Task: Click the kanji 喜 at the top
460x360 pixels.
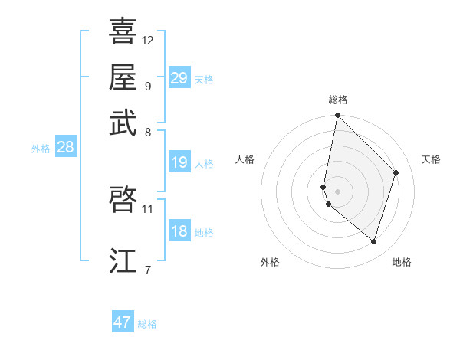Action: [123, 31]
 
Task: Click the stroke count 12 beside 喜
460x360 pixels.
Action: [148, 40]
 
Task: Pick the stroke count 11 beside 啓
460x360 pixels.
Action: [148, 208]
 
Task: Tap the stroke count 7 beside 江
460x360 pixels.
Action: [148, 269]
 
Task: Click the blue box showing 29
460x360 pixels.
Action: [179, 78]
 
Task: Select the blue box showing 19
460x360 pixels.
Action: [179, 162]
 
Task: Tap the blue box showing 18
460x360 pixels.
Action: [179, 231]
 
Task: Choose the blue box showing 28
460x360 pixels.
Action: [65, 148]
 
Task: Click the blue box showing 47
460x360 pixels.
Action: [123, 322]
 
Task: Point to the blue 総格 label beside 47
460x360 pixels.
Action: [148, 324]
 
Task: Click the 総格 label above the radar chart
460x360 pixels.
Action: [338, 100]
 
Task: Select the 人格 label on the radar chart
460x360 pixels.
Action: [245, 159]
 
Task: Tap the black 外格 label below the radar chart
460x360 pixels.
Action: [270, 262]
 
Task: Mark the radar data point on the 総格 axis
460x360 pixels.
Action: [337, 116]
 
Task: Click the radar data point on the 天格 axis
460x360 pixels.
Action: [396, 172]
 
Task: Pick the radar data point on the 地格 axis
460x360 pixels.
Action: [373, 241]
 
